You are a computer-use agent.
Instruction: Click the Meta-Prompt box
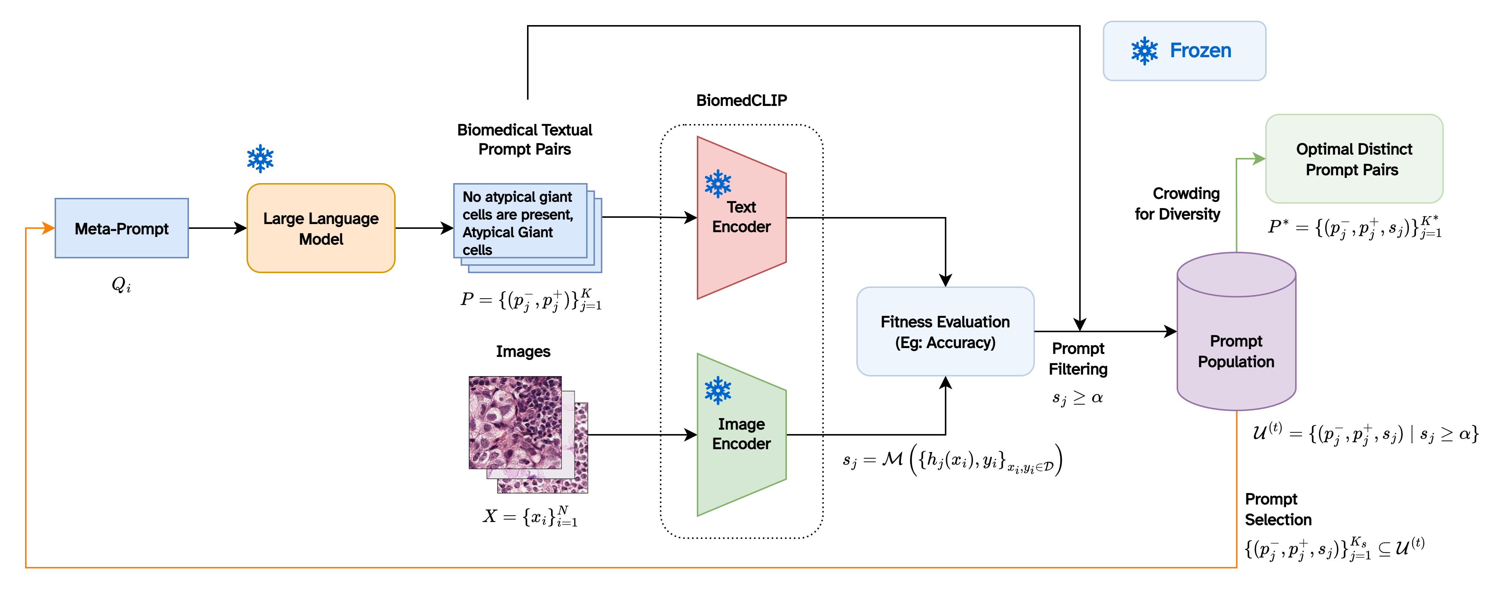(121, 228)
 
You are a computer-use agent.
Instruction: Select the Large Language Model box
(321, 228)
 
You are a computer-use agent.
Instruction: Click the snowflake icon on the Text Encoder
(718, 183)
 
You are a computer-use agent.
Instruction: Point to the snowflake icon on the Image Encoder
(718, 391)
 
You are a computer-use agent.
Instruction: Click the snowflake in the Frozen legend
(1144, 51)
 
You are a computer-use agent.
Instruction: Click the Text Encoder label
(741, 217)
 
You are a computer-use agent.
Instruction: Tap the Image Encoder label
(741, 434)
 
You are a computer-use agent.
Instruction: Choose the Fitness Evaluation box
(945, 331)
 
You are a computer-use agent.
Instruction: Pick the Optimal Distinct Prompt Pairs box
(1354, 159)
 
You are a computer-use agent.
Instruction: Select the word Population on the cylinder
(1236, 362)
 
